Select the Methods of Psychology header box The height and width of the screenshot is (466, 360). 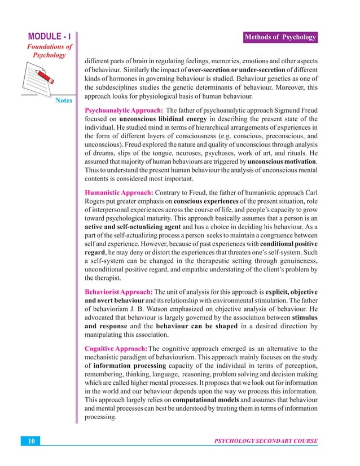[280, 37]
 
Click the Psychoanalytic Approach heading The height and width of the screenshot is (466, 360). [124, 110]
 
